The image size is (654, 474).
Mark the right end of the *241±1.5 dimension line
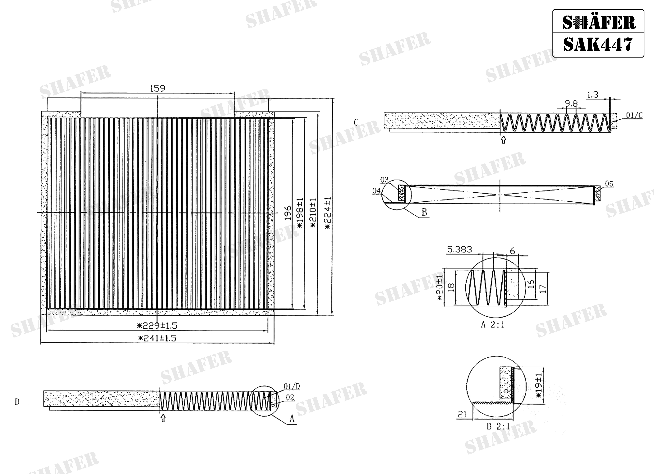[274, 343]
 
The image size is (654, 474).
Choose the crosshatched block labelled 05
[597, 194]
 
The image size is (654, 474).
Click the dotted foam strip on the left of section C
[441, 121]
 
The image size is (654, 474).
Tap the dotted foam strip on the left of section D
[102, 399]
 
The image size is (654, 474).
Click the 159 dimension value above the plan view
[158, 88]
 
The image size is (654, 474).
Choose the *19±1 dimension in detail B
[539, 385]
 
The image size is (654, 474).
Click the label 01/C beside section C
[634, 115]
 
